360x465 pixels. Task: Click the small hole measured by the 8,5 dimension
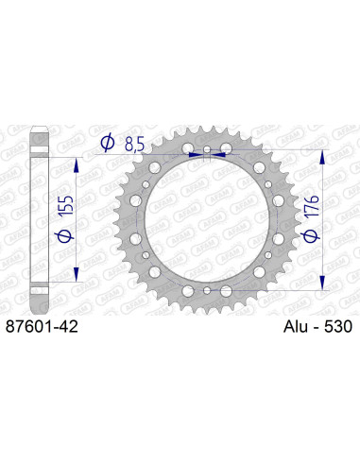pos(208,150)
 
